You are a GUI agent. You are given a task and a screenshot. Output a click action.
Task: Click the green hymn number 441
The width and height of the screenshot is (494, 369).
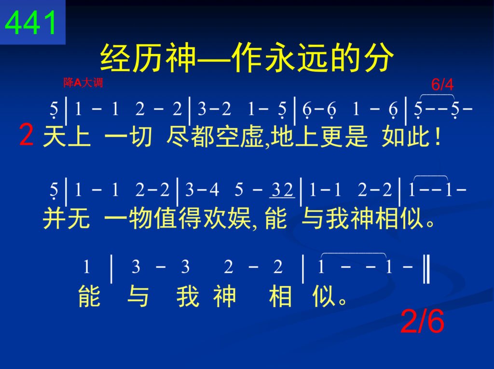click(30, 22)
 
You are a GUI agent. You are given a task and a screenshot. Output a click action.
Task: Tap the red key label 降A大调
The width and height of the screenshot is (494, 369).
click(83, 83)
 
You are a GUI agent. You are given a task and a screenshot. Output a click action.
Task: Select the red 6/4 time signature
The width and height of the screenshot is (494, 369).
click(442, 85)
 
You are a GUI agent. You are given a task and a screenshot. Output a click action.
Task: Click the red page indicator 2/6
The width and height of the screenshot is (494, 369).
click(422, 321)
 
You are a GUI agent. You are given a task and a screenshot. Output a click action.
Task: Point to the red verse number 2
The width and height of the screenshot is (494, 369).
click(26, 135)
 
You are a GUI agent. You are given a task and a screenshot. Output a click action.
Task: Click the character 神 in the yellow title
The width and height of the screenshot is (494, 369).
click(182, 57)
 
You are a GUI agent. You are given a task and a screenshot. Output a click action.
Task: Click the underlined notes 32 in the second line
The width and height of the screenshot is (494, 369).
click(282, 190)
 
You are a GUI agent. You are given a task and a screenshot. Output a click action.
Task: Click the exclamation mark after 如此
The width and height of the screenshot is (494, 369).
click(437, 137)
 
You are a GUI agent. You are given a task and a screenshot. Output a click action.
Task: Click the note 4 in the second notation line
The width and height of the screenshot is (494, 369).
click(215, 189)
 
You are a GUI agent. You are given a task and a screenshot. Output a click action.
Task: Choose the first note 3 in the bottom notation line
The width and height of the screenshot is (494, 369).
click(136, 267)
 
